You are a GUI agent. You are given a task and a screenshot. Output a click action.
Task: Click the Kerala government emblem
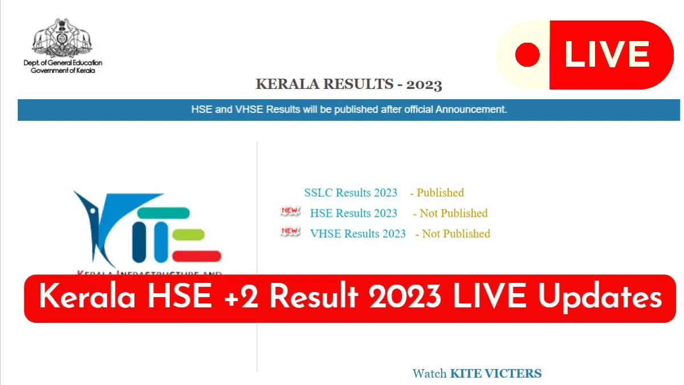point(62,38)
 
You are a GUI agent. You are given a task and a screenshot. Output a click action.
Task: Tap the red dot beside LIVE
point(527,55)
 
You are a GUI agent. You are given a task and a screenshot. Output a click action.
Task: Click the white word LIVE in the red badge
point(606,54)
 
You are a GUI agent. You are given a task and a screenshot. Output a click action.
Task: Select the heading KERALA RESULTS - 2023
point(349,84)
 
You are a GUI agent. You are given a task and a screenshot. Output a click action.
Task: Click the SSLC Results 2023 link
point(351,193)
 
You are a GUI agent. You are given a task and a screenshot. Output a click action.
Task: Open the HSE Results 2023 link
point(353,213)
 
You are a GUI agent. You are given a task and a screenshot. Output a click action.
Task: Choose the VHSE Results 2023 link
point(358,234)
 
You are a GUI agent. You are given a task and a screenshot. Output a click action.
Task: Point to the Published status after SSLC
point(440,193)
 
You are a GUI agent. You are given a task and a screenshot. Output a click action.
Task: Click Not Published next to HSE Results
point(454,213)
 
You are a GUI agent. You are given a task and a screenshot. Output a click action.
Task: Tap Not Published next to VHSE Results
point(456,234)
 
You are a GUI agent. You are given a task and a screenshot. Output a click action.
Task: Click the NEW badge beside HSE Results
point(290,211)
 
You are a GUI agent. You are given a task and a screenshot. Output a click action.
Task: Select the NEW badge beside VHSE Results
point(290,232)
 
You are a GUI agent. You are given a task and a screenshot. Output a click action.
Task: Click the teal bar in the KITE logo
point(164,213)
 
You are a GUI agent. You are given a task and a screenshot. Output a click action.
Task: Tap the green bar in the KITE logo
point(189,234)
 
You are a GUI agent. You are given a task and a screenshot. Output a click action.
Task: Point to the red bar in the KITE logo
point(197,256)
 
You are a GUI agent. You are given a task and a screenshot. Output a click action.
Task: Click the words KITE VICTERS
point(496,374)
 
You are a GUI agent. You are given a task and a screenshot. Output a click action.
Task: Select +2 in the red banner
point(241,297)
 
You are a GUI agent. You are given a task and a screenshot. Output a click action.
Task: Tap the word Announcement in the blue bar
point(471,110)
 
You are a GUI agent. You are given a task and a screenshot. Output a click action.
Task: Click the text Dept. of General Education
point(63,63)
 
